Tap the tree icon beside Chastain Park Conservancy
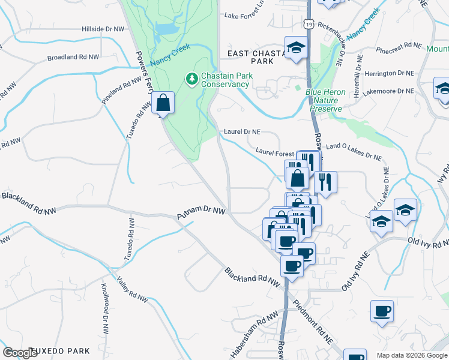191,78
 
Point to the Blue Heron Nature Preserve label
324,100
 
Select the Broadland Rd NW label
73,58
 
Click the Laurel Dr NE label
242,131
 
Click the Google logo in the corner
20,353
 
